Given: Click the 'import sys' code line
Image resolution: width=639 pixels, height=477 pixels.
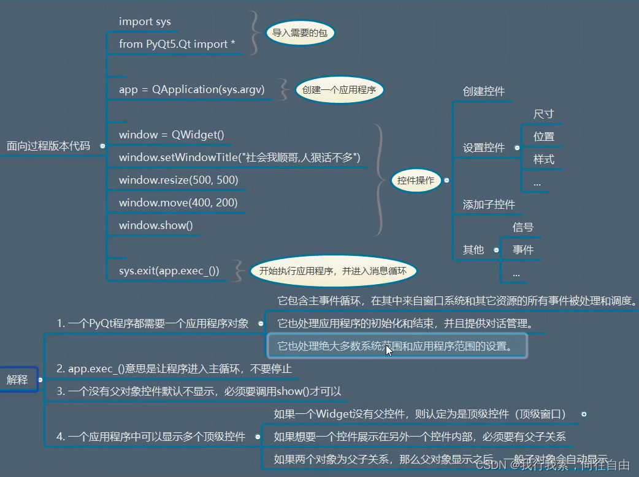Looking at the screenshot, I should coord(145,21).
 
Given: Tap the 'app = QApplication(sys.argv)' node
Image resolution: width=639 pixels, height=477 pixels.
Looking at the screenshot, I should coord(191,89).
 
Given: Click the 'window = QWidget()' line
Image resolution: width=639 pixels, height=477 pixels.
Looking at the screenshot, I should coord(171,135).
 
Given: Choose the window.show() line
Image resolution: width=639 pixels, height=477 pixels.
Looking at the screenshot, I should coord(156,225).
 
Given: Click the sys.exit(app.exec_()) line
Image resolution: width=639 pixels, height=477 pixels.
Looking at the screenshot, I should coord(169,271).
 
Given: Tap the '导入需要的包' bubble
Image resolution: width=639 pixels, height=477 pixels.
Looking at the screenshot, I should coord(300,33).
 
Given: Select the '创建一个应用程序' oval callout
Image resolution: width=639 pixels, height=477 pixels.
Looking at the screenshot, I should coord(339,90).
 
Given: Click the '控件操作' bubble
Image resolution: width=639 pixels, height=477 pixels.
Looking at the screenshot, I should coord(415,180).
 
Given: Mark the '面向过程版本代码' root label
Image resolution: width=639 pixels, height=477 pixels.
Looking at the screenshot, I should coord(48,146).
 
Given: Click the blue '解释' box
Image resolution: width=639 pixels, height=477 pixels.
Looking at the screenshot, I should coord(17,380).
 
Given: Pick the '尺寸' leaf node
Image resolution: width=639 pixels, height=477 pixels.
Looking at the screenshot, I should coord(543,114).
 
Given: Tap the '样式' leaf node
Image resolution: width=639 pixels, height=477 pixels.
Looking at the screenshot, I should coord(543,159).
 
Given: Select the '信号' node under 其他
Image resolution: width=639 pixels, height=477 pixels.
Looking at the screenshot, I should coord(522,227).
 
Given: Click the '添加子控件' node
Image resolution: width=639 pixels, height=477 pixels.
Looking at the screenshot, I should coord(489,205).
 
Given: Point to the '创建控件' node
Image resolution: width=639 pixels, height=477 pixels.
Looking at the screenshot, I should coord(483,91).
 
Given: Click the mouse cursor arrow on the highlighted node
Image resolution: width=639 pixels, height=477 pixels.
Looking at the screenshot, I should coord(388,350).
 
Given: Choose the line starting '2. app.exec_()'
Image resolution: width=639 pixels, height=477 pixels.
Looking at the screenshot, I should coord(174,369).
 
